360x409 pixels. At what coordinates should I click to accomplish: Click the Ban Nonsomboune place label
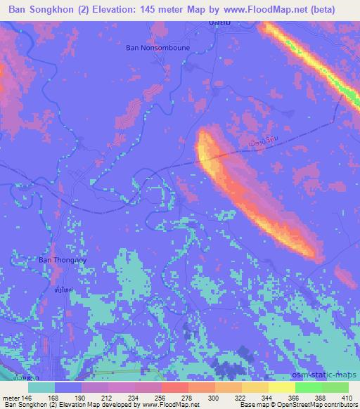(x=157, y=48)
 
